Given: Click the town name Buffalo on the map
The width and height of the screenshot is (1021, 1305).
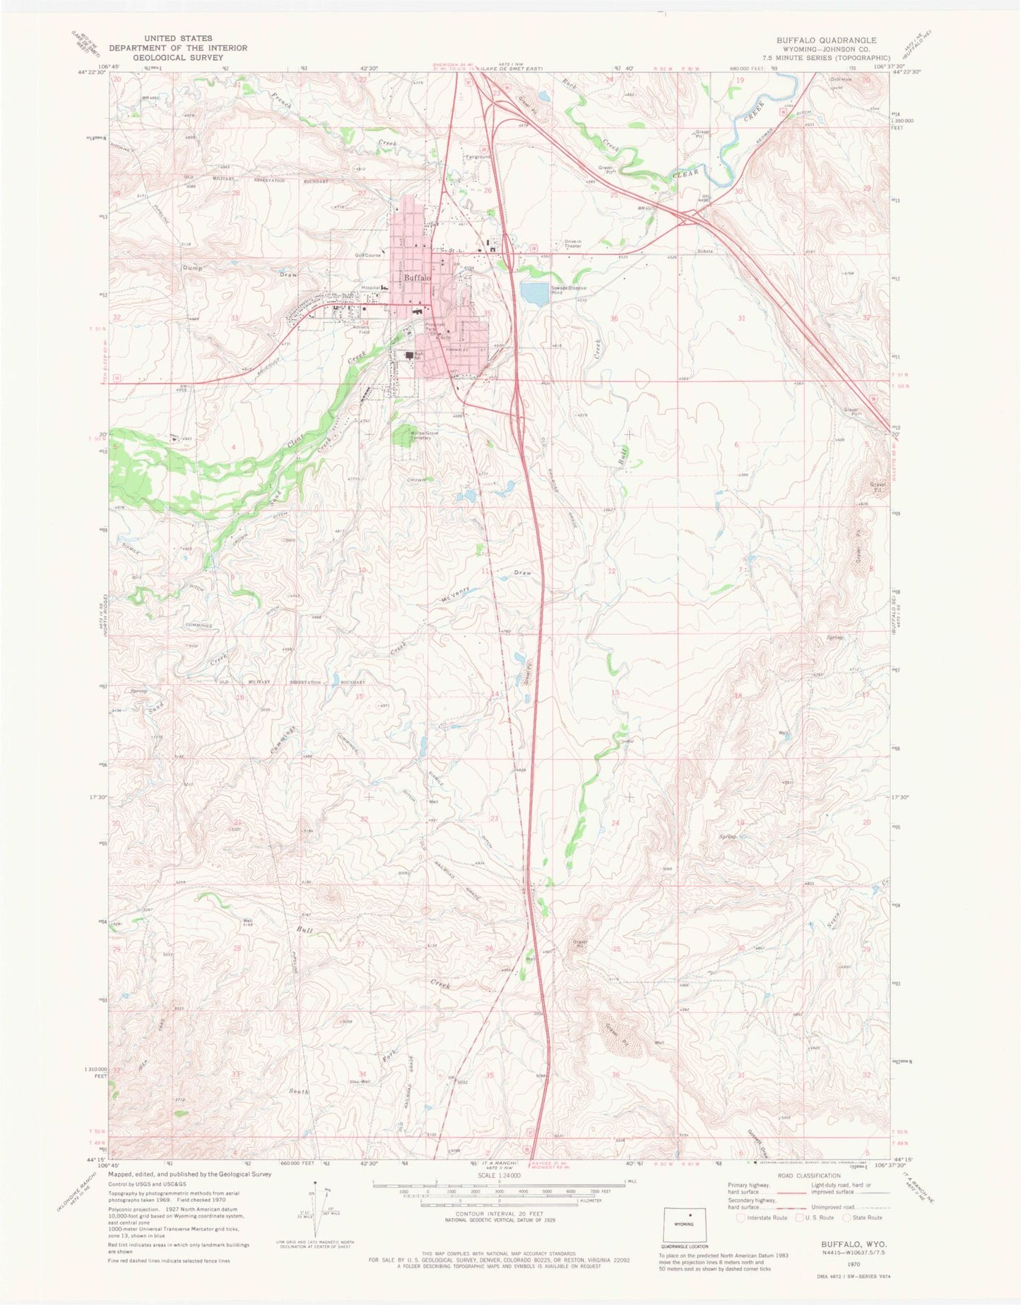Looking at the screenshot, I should click(x=418, y=278).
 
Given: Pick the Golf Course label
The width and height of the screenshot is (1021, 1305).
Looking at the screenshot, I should click(x=368, y=255).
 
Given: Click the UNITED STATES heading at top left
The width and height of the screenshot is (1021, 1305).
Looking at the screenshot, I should click(x=178, y=38).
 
